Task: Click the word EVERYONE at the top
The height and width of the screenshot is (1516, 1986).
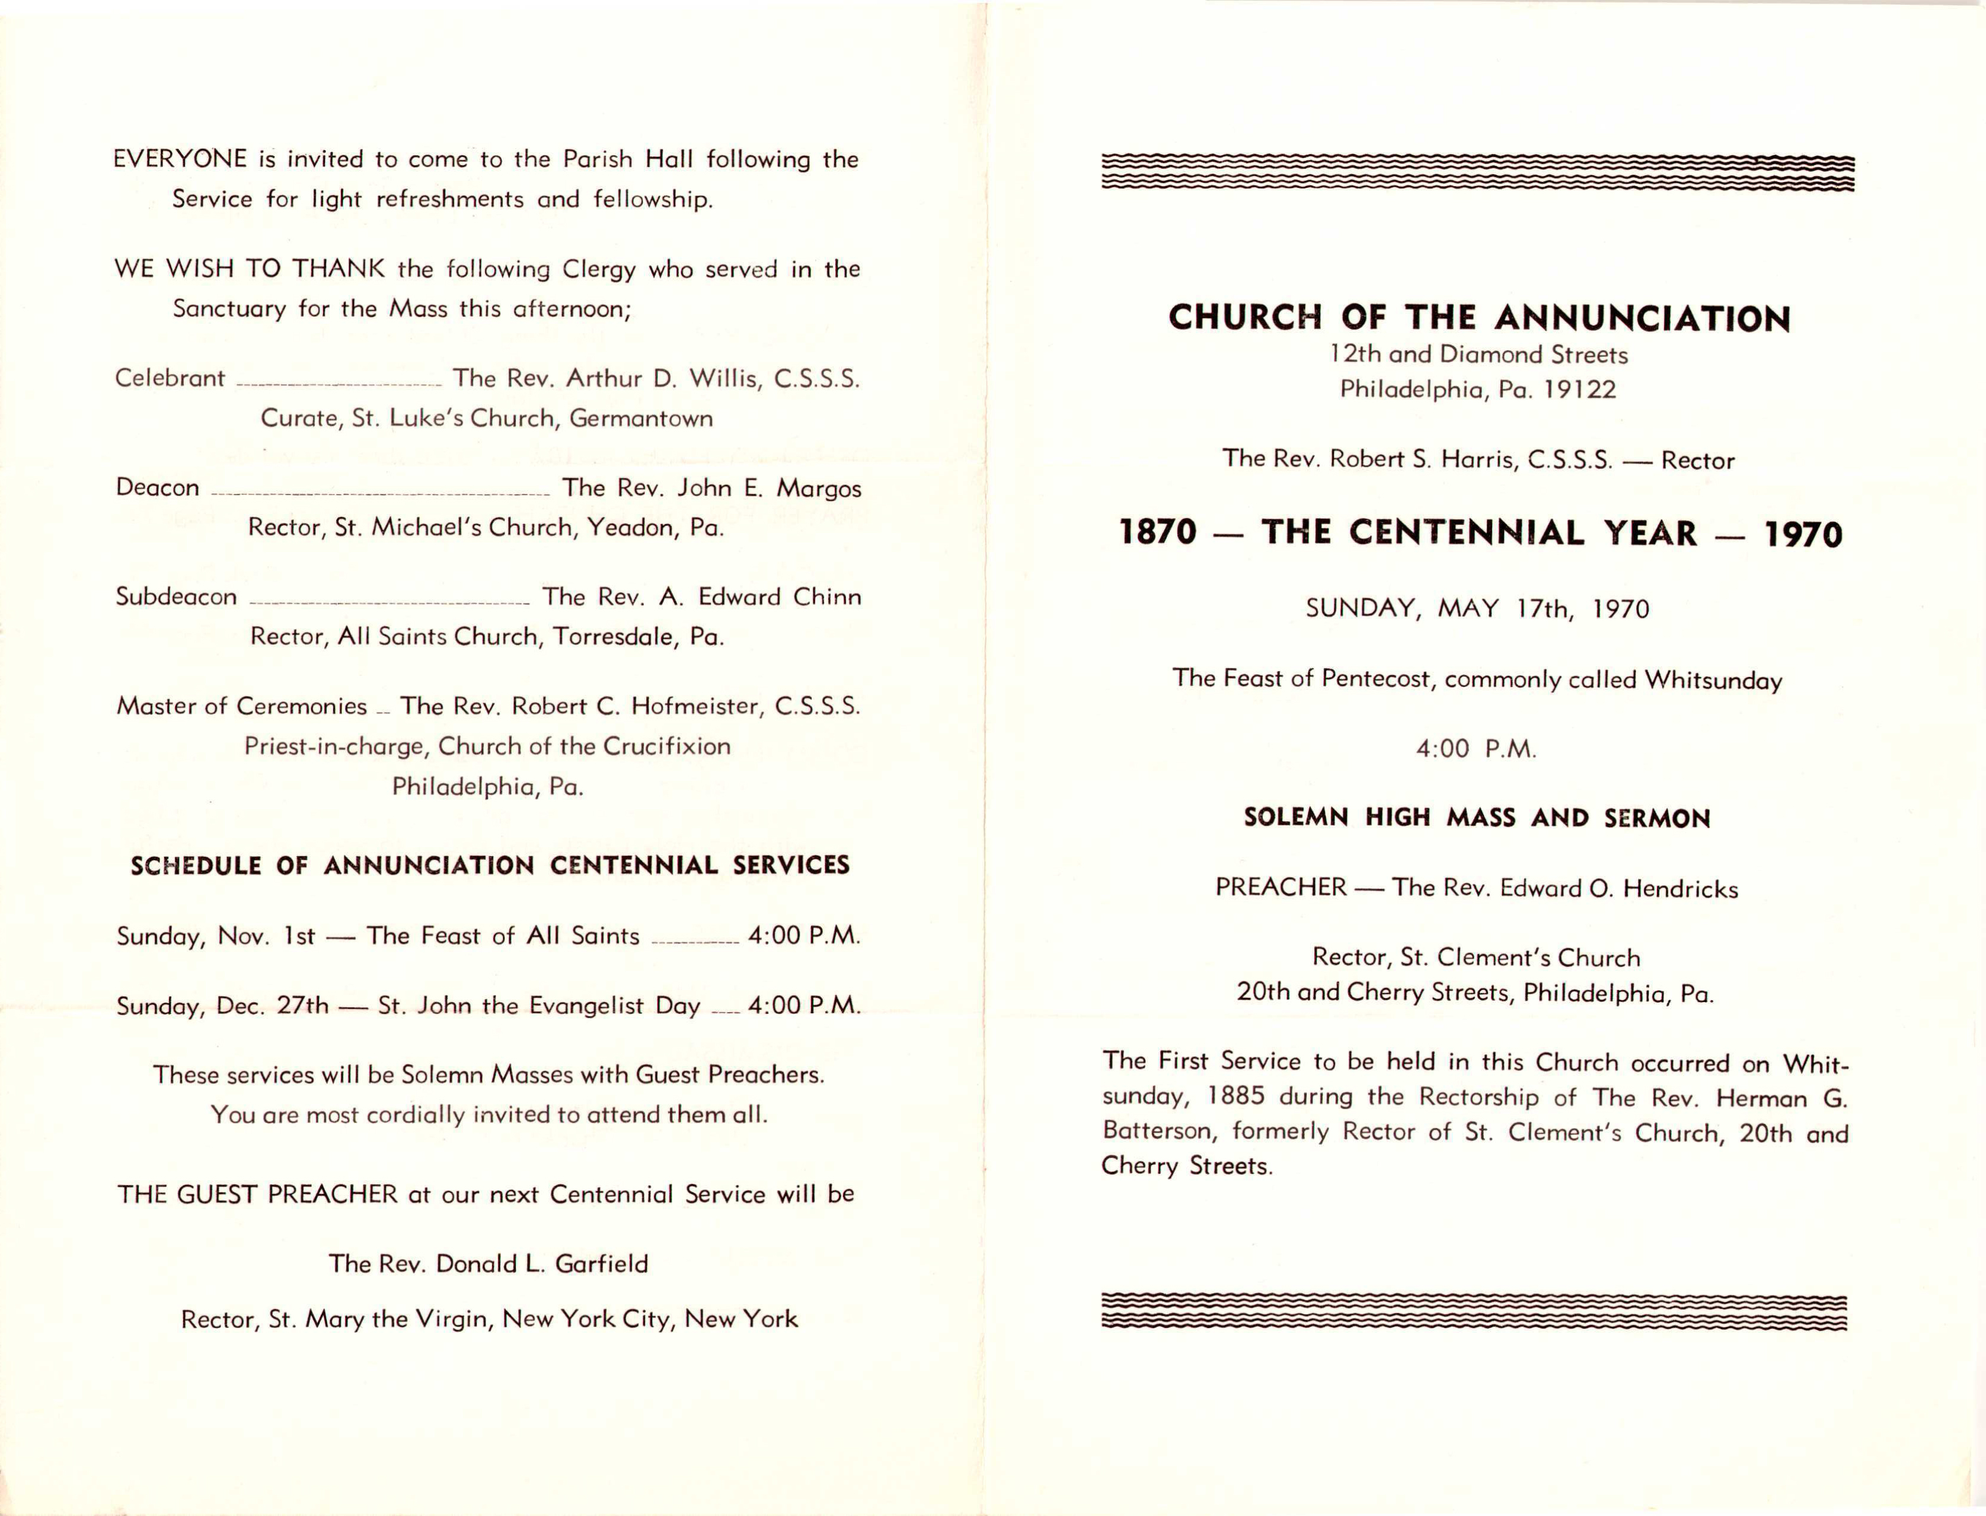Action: click(180, 159)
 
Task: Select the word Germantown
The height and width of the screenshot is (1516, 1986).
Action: click(641, 419)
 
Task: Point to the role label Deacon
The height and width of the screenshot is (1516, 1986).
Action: click(157, 488)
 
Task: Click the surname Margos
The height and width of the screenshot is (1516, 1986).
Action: click(818, 488)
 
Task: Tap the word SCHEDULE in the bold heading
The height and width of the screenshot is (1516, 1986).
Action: click(196, 866)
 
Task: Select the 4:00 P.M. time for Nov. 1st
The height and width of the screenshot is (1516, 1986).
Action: click(803, 936)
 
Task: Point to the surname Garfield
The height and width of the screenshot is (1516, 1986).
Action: click(601, 1264)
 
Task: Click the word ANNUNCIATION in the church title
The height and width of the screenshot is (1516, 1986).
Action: click(1642, 318)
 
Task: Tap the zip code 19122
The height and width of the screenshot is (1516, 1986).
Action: click(1579, 390)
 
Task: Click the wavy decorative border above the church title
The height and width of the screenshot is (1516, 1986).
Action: click(1477, 173)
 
